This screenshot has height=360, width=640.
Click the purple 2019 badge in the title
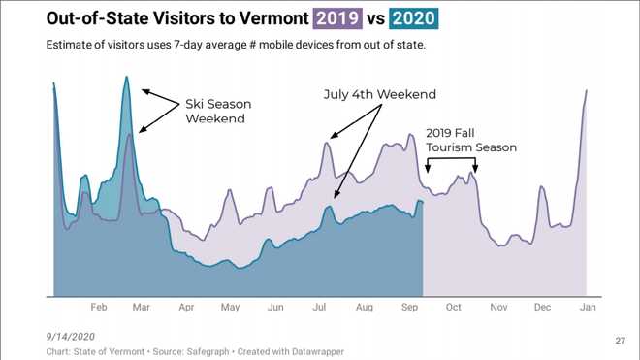(x=336, y=17)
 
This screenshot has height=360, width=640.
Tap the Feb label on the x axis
(x=98, y=308)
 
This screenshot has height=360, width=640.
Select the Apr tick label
(x=186, y=308)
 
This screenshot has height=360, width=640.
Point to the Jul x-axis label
(x=319, y=308)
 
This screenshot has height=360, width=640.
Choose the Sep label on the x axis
(x=408, y=308)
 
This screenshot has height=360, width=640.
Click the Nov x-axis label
(x=497, y=308)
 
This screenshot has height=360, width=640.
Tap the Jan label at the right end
(x=587, y=308)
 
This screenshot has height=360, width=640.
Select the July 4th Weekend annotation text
(x=380, y=94)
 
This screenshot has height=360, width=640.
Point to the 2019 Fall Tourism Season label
(x=471, y=140)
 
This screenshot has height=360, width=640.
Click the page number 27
(x=621, y=341)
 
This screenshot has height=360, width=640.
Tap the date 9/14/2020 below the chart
(x=69, y=335)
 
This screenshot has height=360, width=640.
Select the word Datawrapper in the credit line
(x=312, y=351)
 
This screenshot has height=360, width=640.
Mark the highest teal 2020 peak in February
(x=126, y=77)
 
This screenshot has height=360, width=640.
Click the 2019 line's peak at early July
(x=328, y=144)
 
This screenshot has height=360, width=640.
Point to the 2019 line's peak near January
(x=587, y=90)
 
